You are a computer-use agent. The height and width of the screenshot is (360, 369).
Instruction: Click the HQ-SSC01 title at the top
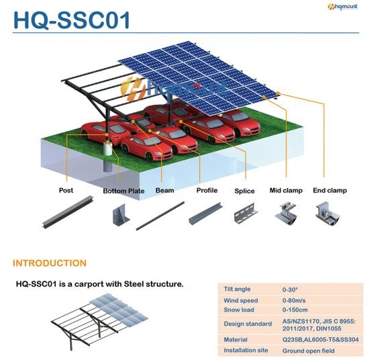[x=72, y=20]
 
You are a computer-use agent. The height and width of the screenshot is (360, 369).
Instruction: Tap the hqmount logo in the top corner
[x=342, y=6]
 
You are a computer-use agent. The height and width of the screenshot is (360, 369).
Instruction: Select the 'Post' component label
[x=66, y=190]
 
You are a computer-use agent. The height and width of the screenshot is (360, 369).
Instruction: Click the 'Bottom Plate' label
[x=124, y=191]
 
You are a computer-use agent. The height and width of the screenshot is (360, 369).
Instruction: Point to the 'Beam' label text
[x=165, y=190]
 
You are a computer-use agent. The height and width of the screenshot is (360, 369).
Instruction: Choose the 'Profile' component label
[x=207, y=190]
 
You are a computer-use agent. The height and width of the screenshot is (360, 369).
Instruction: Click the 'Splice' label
[x=244, y=191]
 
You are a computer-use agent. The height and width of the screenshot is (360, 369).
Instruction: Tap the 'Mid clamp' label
[x=286, y=190]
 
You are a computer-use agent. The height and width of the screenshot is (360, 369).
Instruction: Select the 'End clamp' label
[x=329, y=190]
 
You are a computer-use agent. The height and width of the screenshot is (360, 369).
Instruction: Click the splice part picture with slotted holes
[x=246, y=213]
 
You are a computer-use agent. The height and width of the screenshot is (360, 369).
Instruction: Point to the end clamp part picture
[x=327, y=213]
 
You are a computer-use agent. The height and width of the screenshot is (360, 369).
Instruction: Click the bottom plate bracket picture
[x=121, y=214]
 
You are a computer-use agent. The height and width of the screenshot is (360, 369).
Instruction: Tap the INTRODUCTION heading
[x=50, y=263]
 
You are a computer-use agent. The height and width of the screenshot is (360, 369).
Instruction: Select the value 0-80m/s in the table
[x=294, y=300]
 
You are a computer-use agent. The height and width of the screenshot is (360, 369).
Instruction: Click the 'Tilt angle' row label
[x=237, y=289]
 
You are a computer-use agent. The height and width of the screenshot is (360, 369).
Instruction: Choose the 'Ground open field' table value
[x=309, y=351]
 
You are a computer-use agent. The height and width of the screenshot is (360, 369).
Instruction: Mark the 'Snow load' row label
[x=239, y=310]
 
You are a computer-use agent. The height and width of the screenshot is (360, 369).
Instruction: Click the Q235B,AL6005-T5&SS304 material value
[x=321, y=339]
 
